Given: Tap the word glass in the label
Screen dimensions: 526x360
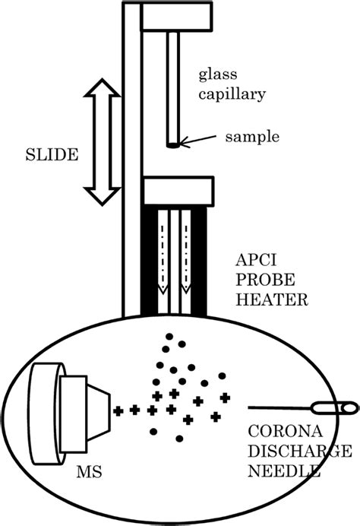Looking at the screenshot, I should coord(215,74).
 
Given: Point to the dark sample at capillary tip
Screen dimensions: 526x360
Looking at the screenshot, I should coord(174,144).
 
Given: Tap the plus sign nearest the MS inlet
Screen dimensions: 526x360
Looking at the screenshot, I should coord(118,410).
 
